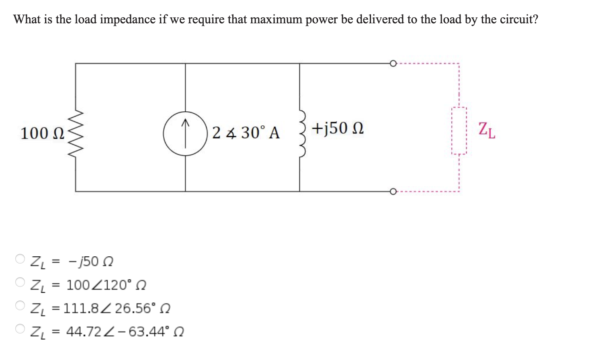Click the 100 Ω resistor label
point(42,133)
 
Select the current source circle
point(185,134)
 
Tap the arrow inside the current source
point(185,128)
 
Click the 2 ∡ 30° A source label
point(246,133)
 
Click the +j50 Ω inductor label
point(338,128)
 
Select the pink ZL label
point(487,131)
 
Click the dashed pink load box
point(459,131)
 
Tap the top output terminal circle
point(393,63)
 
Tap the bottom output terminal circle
point(393,191)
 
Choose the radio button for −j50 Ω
point(20,259)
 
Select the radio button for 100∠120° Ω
point(20,282)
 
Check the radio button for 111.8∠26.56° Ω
point(20,306)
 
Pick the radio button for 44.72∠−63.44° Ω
point(20,329)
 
